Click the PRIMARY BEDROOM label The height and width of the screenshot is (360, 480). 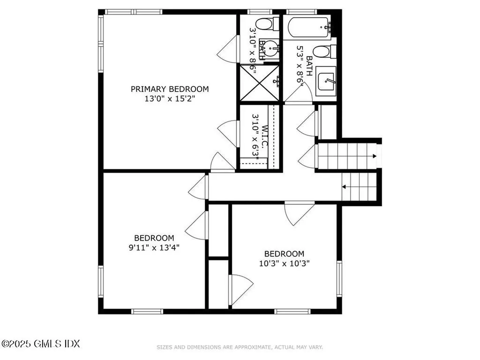(x=169, y=89)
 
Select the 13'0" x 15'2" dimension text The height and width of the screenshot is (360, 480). (x=169, y=99)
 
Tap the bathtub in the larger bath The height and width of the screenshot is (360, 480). (x=309, y=27)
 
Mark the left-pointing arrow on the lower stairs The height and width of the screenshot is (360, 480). (x=345, y=187)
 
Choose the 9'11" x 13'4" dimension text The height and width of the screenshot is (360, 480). (x=154, y=247)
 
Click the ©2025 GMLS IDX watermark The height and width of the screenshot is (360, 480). (x=40, y=344)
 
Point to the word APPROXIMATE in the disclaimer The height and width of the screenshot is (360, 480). (x=251, y=347)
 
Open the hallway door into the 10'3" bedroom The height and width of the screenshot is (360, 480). (x=299, y=212)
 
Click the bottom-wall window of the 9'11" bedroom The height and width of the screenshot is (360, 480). (x=147, y=311)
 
